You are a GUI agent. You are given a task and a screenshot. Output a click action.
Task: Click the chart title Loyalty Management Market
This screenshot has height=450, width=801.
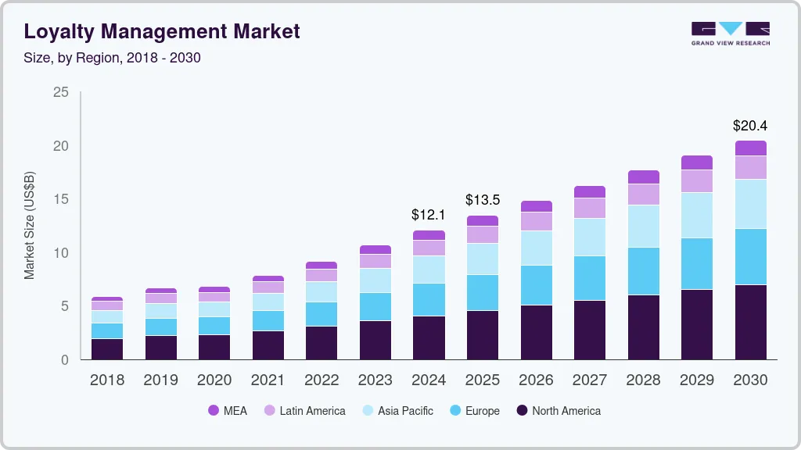pyautogui.click(x=161, y=32)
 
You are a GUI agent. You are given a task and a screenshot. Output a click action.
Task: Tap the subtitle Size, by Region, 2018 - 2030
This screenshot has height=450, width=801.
pyautogui.click(x=113, y=58)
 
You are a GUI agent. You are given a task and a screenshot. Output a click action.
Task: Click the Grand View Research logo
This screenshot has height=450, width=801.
pyautogui.click(x=730, y=34)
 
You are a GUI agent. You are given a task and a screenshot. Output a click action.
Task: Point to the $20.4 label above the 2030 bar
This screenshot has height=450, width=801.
pyautogui.click(x=749, y=125)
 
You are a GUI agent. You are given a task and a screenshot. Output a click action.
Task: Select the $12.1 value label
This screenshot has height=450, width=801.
pyautogui.click(x=428, y=214)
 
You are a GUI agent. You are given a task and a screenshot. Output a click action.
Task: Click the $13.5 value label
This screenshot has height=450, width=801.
pyautogui.click(x=482, y=200)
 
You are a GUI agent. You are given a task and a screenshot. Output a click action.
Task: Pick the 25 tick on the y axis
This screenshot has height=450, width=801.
pyautogui.click(x=60, y=93)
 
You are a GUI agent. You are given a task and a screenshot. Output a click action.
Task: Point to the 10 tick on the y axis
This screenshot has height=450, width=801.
pyautogui.click(x=60, y=253)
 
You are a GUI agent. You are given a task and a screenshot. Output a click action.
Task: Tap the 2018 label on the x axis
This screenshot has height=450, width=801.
pyautogui.click(x=106, y=380)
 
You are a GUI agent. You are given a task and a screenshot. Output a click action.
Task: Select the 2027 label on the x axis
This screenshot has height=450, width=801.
pyautogui.click(x=589, y=380)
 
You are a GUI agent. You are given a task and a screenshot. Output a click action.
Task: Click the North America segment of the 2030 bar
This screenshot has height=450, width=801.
pyautogui.click(x=750, y=322)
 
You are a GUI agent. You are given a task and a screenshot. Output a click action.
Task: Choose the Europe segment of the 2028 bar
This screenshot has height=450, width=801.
pyautogui.click(x=643, y=271)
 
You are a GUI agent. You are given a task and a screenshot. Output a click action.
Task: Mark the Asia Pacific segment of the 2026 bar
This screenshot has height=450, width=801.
pyautogui.click(x=536, y=248)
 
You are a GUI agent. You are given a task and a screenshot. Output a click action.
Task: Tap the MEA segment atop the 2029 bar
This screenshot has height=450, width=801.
pyautogui.click(x=696, y=162)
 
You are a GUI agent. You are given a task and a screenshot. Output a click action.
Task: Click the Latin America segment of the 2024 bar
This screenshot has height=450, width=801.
pyautogui.click(x=429, y=248)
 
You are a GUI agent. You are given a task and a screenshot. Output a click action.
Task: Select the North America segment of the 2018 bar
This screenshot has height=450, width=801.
pyautogui.click(x=106, y=348)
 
